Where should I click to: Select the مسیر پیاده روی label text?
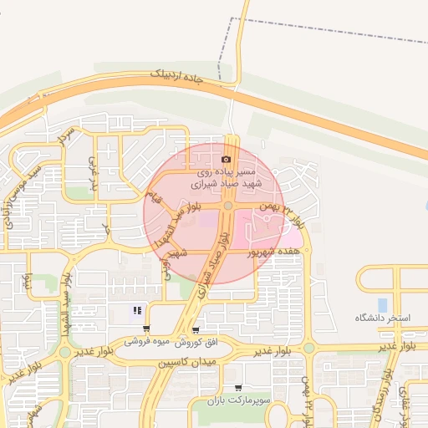pyautogui.click(x=227, y=169)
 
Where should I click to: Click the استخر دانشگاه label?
pyautogui.click(x=382, y=318)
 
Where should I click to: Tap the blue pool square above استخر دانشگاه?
pyautogui.click(x=383, y=304)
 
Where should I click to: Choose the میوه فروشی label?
pyautogui.click(x=148, y=342)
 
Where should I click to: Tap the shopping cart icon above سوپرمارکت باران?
pyautogui.click(x=239, y=388)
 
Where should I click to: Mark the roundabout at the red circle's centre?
pyautogui.click(x=227, y=206)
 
